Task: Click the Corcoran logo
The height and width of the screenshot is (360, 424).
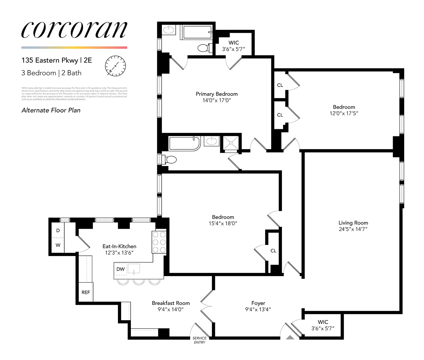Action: pyautogui.click(x=74, y=30)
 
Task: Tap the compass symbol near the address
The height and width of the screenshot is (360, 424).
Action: pyautogui.click(x=115, y=66)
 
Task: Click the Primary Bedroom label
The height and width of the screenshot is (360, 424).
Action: pyautogui.click(x=217, y=94)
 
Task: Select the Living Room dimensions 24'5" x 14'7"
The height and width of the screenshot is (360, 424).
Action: pyautogui.click(x=353, y=229)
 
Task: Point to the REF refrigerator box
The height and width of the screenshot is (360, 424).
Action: pyautogui.click(x=86, y=292)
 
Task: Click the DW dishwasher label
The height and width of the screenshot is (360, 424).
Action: pyautogui.click(x=120, y=269)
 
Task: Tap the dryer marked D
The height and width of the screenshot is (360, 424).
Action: pyautogui.click(x=58, y=230)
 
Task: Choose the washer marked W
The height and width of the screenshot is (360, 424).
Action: pyautogui.click(x=58, y=245)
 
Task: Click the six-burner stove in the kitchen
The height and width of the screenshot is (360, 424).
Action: pyautogui.click(x=159, y=242)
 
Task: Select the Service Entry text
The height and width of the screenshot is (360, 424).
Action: pyautogui.click(x=199, y=340)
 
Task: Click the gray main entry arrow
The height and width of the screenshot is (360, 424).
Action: pyautogui.click(x=290, y=337)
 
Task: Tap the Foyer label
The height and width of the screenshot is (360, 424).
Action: pyautogui.click(x=258, y=303)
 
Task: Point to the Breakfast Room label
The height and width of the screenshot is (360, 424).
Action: pyautogui.click(x=171, y=303)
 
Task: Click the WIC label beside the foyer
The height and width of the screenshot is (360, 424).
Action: pyautogui.click(x=323, y=322)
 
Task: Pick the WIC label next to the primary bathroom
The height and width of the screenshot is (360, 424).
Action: pyautogui.click(x=233, y=43)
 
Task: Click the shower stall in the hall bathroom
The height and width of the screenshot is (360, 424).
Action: pyautogui.click(x=231, y=143)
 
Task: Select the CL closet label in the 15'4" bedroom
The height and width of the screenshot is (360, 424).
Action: pyautogui.click(x=273, y=251)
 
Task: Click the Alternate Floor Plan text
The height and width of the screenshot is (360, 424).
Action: pyautogui.click(x=51, y=110)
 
